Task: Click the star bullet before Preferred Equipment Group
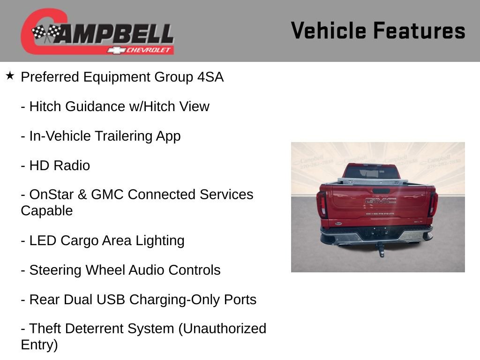(10, 76)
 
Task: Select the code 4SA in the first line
(210, 77)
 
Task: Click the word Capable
(46, 211)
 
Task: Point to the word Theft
(45, 329)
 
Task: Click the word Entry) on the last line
(39, 345)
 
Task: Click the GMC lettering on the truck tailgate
(380, 201)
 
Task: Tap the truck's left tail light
(322, 203)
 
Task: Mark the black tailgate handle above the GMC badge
(380, 191)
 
